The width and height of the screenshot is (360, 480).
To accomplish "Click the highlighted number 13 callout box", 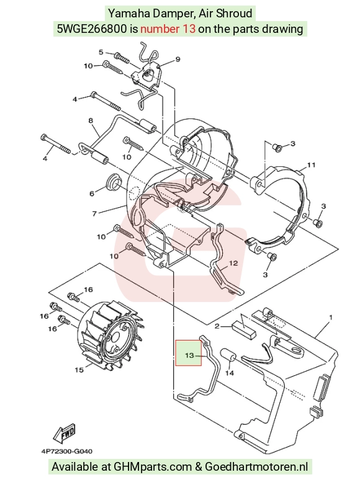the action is click(189, 353).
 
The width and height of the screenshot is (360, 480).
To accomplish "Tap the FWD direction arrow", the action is click(64, 433).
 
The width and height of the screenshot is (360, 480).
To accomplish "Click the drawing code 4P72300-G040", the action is click(67, 451).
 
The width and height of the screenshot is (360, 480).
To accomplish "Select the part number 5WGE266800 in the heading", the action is click(92, 29).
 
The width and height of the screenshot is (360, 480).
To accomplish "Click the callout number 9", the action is click(178, 60).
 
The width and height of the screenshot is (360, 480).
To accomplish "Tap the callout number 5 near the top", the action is click(101, 52).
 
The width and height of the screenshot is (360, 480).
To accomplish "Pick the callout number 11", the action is click(312, 165).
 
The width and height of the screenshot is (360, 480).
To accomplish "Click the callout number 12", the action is click(233, 263).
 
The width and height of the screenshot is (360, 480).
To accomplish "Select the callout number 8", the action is click(91, 120).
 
